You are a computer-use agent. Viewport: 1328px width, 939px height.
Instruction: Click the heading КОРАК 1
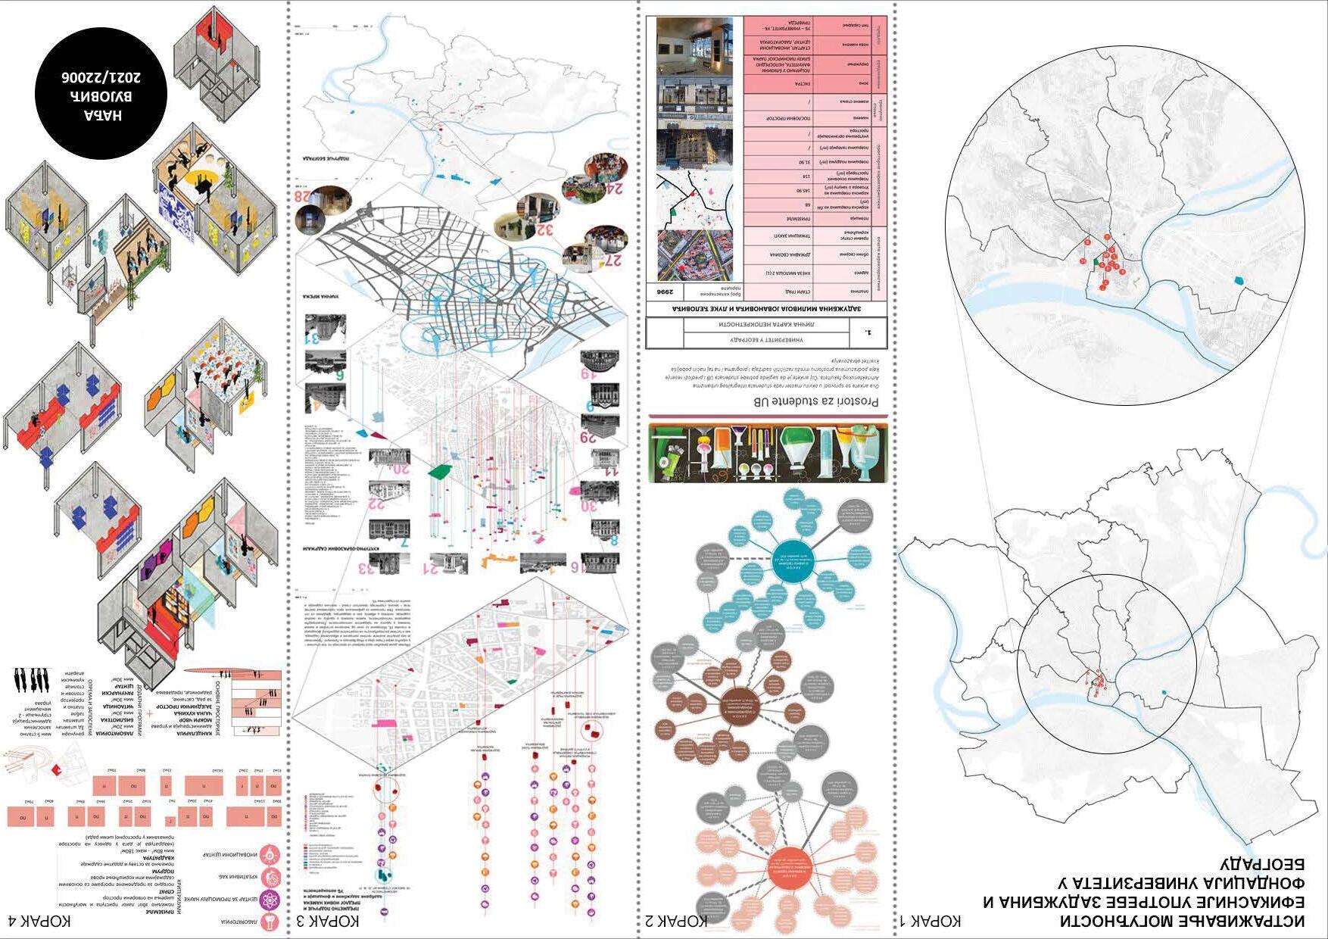931,921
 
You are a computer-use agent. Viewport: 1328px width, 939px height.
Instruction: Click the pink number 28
304,197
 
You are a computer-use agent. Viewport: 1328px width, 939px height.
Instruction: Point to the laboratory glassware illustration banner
768,452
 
